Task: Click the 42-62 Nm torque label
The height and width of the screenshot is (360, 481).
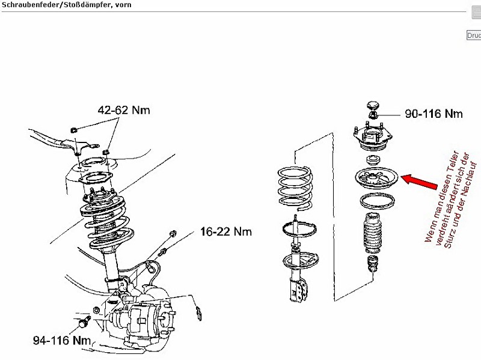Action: pos(124,110)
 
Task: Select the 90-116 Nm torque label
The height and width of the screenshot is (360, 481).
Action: pos(434,114)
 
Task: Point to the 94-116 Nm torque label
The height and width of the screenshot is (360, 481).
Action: pos(62,341)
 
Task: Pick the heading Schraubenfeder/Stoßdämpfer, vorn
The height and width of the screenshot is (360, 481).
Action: pos(66,5)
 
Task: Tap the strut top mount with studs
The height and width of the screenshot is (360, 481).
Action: pos(373,138)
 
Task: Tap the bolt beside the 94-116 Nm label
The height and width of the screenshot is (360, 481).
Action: pos(84,322)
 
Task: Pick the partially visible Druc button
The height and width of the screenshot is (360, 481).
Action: pos(474,35)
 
